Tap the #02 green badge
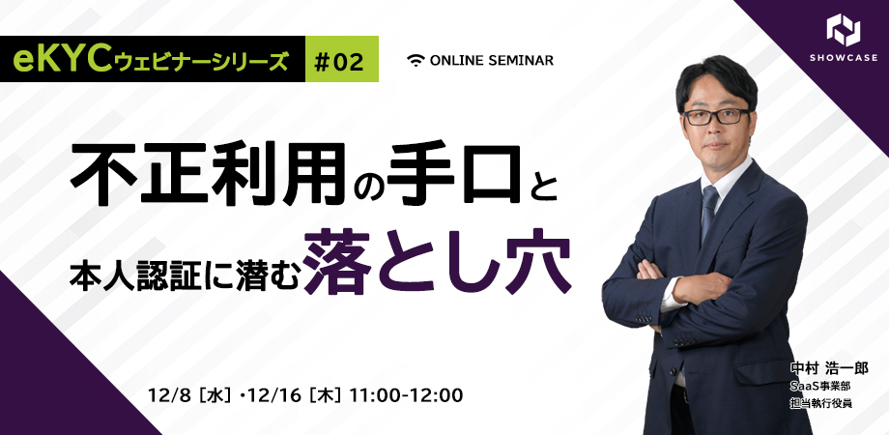pos(342,59)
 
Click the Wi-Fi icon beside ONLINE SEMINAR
pos(416,60)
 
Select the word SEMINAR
pos(524,60)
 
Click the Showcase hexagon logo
pos(843,30)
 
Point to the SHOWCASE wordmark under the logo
pos(844,58)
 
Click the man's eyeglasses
pos(716,116)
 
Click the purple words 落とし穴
pos(437,261)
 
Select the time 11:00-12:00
pos(407,396)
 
